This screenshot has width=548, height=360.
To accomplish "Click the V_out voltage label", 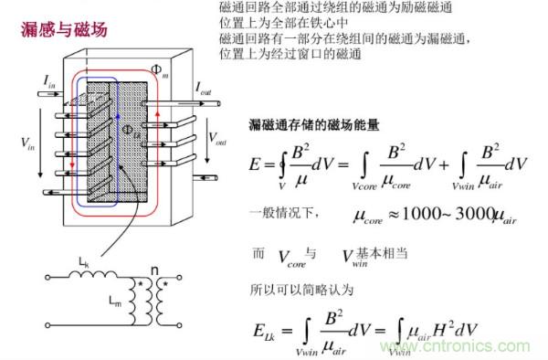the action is (217, 140).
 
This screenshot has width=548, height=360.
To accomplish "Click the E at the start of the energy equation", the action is (256, 164).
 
